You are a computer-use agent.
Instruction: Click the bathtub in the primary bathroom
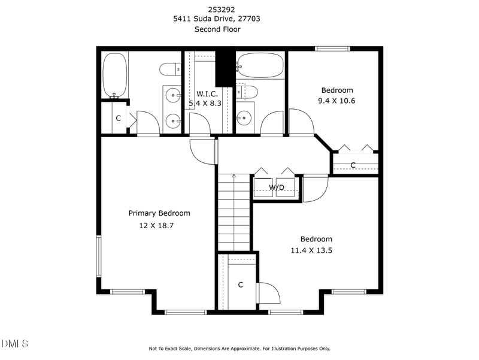[x=114, y=75]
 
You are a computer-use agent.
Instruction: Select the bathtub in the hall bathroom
[x=260, y=65]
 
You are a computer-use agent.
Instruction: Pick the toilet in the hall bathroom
[x=247, y=92]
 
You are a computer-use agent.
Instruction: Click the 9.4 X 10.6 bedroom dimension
[x=336, y=101]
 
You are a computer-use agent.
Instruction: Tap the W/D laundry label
[x=276, y=187]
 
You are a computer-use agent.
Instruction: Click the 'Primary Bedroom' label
[x=159, y=213]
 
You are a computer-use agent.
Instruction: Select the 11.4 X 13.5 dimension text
[x=311, y=250]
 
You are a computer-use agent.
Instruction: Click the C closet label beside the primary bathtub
[x=118, y=119]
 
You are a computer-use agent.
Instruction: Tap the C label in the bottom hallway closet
[x=240, y=285]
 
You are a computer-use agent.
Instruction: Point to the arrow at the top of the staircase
[x=234, y=176]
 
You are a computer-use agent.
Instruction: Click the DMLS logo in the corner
[x=15, y=343]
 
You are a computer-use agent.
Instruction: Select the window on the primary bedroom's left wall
[x=99, y=256]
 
